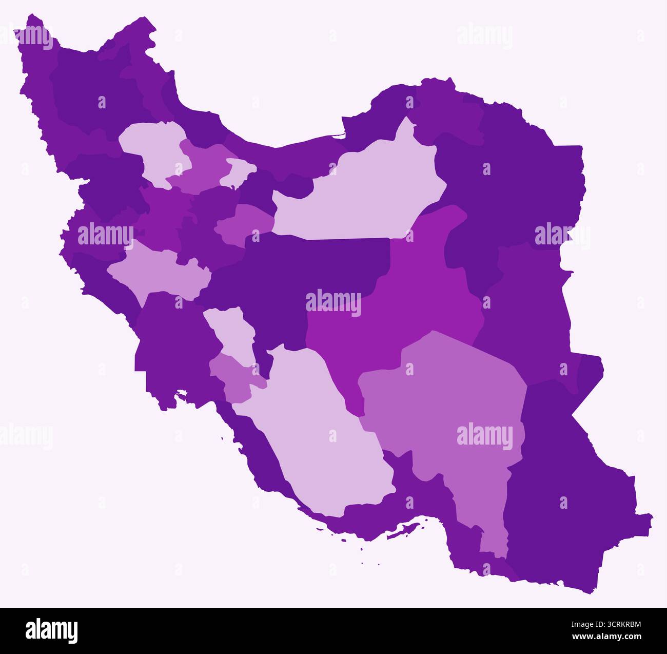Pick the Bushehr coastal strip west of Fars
(262, 452)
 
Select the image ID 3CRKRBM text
(614, 625)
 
